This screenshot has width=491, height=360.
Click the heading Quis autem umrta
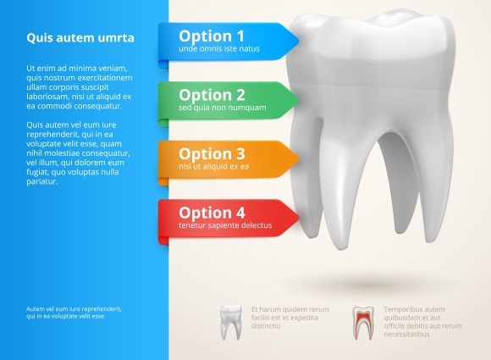point(80,38)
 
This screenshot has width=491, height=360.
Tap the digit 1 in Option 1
point(240,36)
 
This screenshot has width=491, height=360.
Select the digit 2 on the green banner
point(240,95)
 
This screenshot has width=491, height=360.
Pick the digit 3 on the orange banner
point(240,154)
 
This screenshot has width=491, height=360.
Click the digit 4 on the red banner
point(240,213)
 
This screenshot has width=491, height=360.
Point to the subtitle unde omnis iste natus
point(219,49)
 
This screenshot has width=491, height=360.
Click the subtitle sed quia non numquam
point(223,108)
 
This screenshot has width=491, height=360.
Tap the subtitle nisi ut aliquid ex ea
point(214,167)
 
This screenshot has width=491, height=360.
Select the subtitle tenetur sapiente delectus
point(225,225)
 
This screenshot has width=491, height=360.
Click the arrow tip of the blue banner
point(299,41)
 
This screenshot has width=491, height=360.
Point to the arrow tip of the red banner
point(299,217)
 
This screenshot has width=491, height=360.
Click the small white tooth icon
point(231,322)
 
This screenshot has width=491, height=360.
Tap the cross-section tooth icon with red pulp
point(363,323)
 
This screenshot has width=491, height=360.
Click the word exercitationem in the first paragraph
point(105,78)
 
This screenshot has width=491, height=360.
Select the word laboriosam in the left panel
point(47,97)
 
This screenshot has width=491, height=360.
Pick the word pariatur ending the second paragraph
point(42,182)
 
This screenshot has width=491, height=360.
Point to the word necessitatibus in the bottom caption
point(406,335)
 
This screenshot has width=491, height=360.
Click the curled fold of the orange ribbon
point(163,182)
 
